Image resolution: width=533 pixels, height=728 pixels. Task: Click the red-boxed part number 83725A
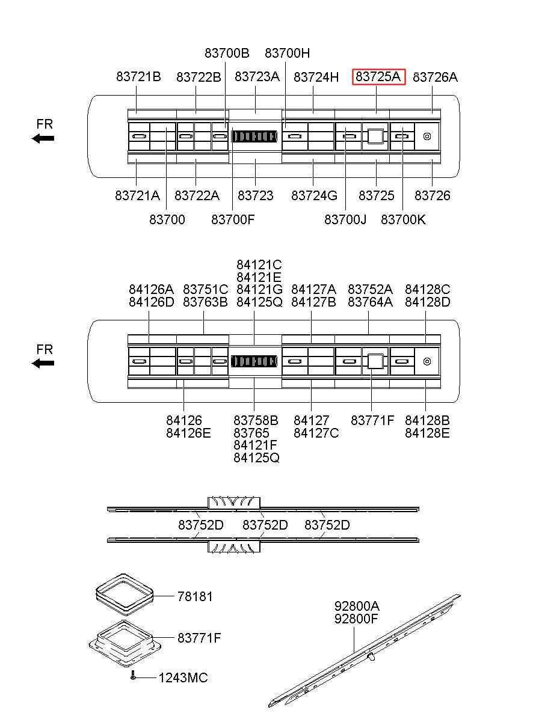coord(378,77)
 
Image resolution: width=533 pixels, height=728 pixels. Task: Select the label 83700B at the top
coord(227,53)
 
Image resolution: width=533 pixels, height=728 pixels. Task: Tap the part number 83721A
coord(138,195)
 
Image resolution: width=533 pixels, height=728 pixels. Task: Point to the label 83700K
coord(403,219)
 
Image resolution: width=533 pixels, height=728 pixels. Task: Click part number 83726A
coord(436,77)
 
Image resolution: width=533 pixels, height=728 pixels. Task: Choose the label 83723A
coord(257,77)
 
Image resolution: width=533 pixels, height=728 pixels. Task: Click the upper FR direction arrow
coord(43,138)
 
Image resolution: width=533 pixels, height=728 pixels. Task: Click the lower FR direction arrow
coord(43,363)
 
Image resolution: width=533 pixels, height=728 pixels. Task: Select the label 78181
coord(195,596)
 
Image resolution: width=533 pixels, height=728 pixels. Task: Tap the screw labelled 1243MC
coord(133,676)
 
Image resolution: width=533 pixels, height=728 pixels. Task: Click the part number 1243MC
coord(183,678)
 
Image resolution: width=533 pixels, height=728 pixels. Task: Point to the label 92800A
coord(357,605)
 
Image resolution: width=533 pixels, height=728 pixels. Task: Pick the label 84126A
coord(151,289)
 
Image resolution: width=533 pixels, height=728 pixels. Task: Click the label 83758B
coord(256,420)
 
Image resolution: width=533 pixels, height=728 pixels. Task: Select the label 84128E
coord(427,432)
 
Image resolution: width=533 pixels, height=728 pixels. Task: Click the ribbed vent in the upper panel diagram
coord(254,136)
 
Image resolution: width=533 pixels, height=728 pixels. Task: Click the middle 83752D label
coord(265,525)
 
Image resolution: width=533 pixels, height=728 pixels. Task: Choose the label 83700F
coord(233,219)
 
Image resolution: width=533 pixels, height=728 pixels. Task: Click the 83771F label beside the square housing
coord(199,637)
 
